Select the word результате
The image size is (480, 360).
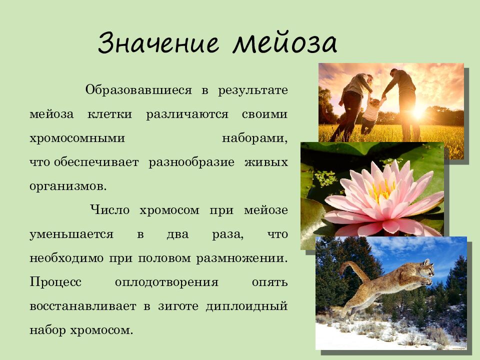[252, 90]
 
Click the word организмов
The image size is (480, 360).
[68, 186]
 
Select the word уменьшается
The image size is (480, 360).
[71, 234]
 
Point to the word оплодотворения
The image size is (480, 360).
[166, 282]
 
